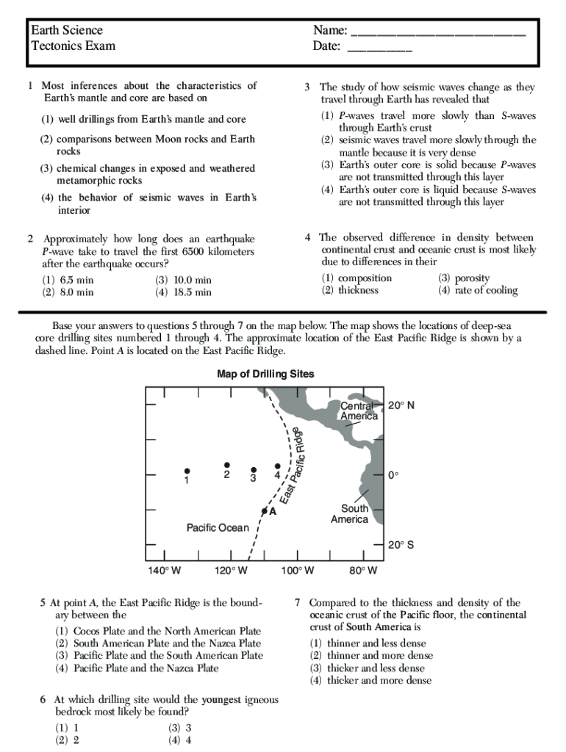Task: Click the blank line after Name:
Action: pyautogui.click(x=438, y=34)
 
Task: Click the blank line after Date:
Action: pyautogui.click(x=379, y=49)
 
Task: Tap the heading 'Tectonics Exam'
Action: pyautogui.click(x=73, y=46)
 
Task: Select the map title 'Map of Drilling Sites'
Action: pyautogui.click(x=265, y=375)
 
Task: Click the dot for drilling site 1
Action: pyautogui.click(x=187, y=471)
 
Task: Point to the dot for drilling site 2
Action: pyautogui.click(x=227, y=465)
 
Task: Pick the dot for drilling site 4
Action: pyautogui.click(x=277, y=466)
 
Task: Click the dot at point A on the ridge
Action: pyautogui.click(x=264, y=510)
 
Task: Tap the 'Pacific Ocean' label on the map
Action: pyautogui.click(x=218, y=528)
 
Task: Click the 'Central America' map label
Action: pyautogui.click(x=359, y=411)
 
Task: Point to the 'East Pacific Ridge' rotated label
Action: pyautogui.click(x=292, y=466)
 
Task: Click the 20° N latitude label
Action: pyautogui.click(x=401, y=405)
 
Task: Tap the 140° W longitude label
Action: pyautogui.click(x=165, y=571)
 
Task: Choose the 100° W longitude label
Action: pyautogui.click(x=297, y=571)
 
